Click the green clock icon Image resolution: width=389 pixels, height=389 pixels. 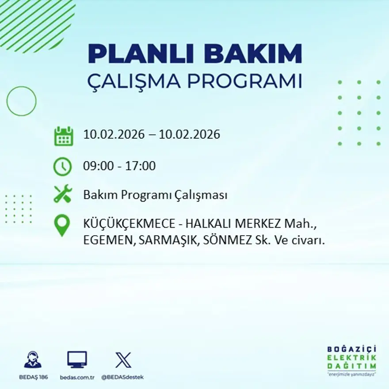point(62,166)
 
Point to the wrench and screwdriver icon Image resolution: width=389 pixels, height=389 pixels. point(62,194)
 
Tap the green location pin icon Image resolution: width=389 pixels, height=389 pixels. point(62,225)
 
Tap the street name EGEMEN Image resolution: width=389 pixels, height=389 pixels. point(108,241)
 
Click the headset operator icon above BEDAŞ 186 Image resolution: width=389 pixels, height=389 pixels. point(33,360)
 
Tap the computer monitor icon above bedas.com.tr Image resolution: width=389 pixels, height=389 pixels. point(77,359)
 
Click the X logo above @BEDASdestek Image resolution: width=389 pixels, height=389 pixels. point(123,360)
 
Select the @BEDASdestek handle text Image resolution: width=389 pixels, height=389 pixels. point(122,377)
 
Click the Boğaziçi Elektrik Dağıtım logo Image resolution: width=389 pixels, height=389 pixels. point(352,360)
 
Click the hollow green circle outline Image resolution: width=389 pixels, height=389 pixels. point(21,101)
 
